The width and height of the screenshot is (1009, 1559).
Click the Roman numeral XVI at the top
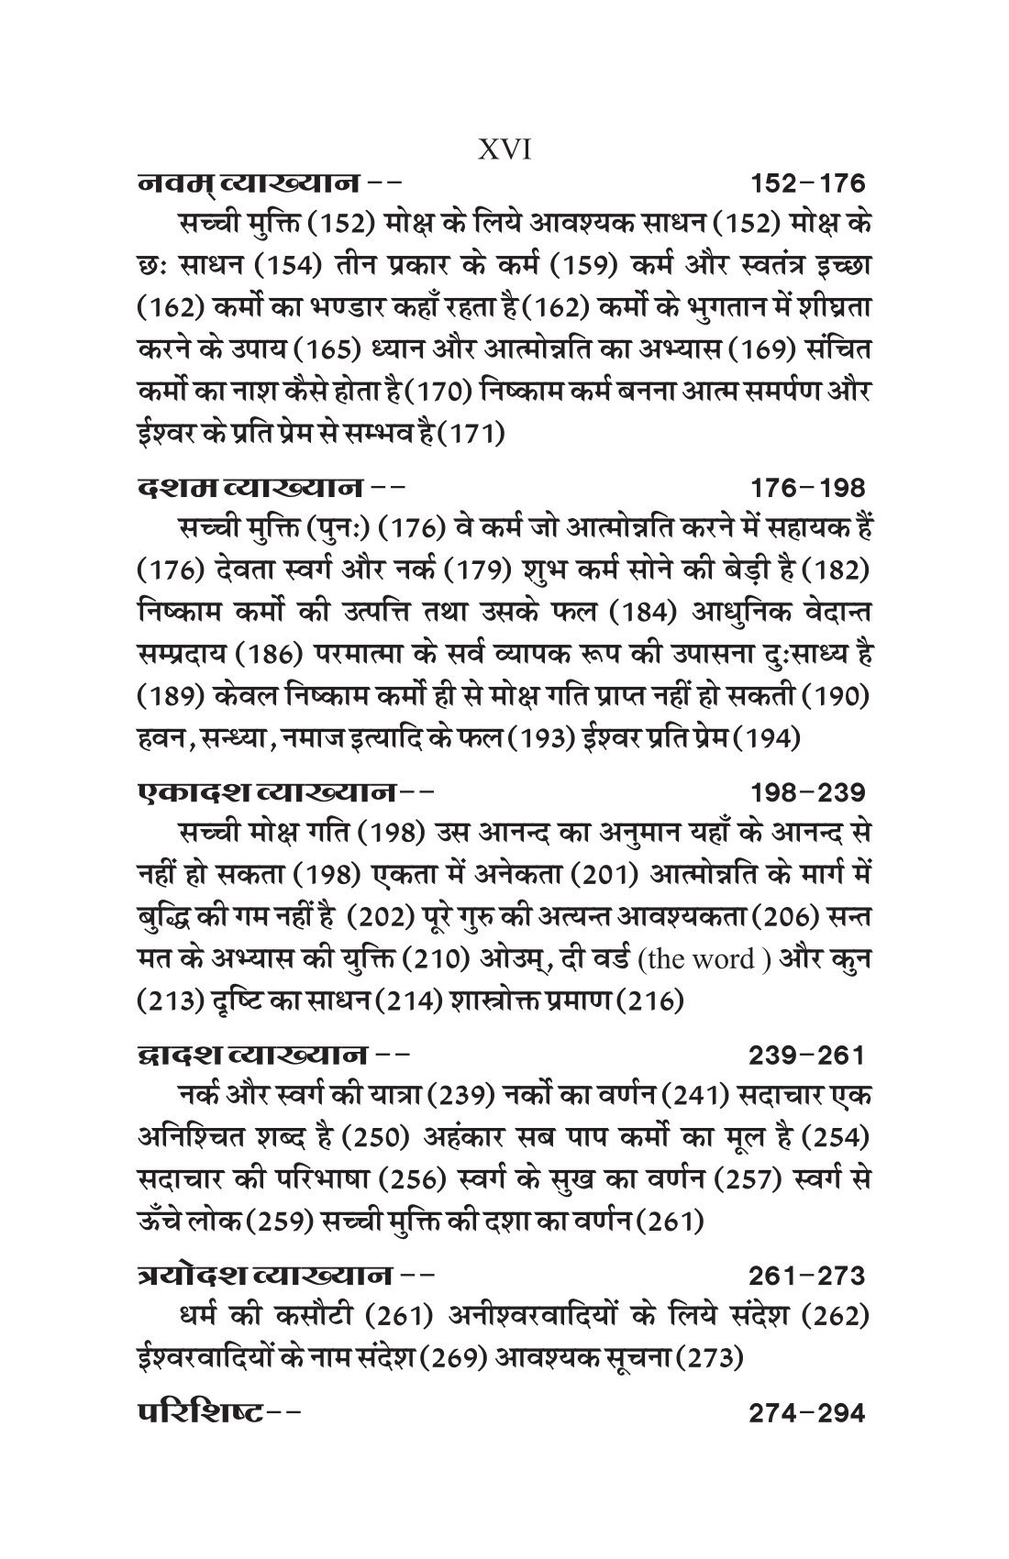click(x=504, y=150)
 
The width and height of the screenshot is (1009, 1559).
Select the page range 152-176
click(x=807, y=184)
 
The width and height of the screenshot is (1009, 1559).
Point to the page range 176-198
click(x=807, y=487)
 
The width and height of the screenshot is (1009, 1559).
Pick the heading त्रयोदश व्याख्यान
click(x=256, y=1276)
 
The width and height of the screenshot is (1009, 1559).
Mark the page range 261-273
click(x=807, y=1276)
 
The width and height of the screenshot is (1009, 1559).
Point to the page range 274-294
click(x=807, y=1412)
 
